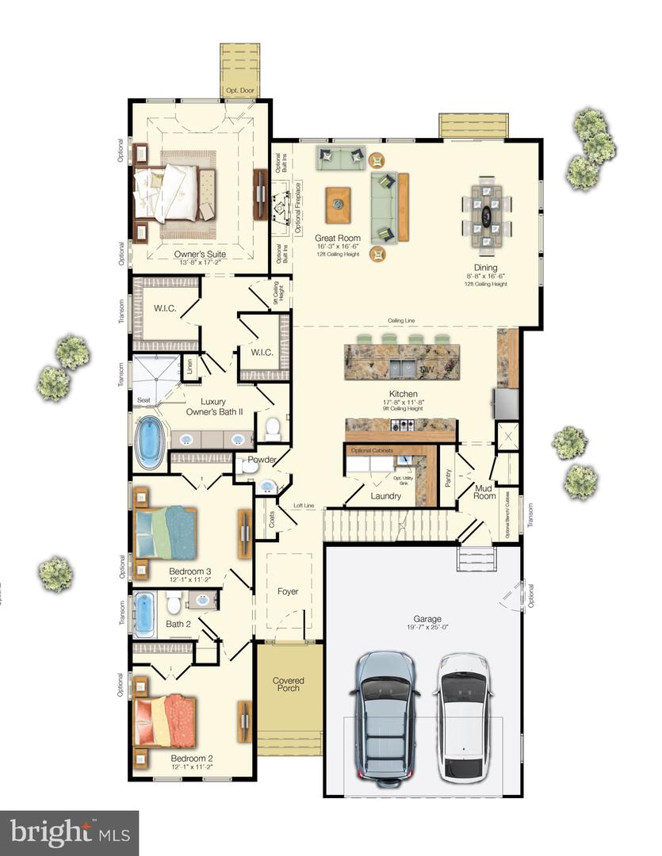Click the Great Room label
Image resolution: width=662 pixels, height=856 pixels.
338,238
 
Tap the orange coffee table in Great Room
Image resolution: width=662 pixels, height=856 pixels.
339,204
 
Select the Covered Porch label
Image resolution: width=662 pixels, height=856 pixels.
289,686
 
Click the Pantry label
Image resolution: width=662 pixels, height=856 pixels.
448,479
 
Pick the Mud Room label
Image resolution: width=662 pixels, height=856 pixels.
484,492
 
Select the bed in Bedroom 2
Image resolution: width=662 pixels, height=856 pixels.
166,720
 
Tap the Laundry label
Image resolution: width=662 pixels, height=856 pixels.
385,496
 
